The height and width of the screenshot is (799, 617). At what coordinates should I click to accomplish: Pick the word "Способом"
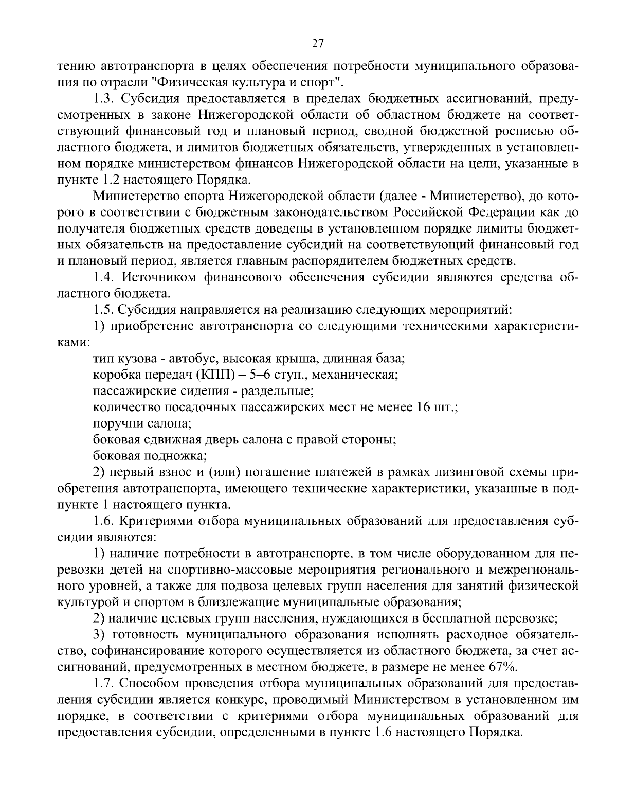pos(155,684)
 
